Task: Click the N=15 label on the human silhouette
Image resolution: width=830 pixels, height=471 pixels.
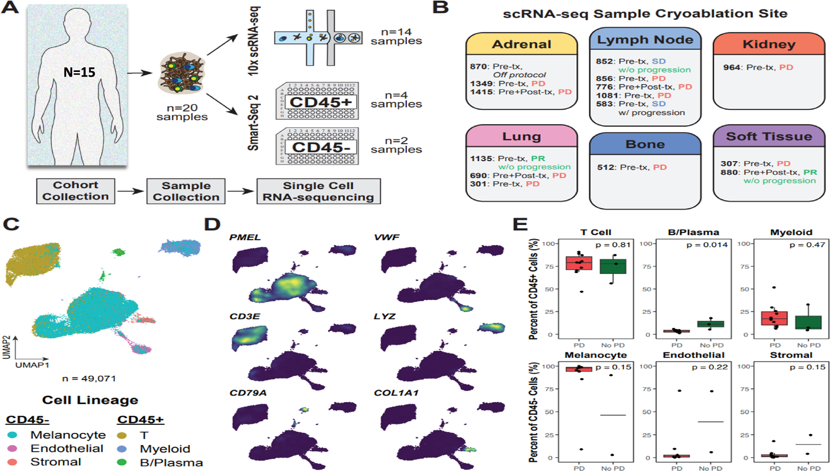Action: (79, 72)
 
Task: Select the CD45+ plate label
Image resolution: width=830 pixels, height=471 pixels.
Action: (320, 102)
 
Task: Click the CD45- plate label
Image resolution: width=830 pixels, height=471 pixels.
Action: (321, 147)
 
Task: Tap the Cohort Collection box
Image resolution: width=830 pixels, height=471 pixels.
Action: (75, 191)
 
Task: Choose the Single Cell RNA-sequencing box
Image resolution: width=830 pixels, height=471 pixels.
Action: (318, 191)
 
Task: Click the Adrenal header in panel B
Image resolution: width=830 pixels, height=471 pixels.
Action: (521, 44)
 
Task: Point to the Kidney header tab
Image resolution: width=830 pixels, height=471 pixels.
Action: (769, 44)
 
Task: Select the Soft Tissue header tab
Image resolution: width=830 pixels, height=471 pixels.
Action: (769, 136)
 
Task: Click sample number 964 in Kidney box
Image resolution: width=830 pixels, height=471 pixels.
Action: (731, 67)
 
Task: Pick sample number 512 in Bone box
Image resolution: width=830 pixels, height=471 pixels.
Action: (606, 167)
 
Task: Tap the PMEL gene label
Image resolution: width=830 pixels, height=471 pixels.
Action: (245, 237)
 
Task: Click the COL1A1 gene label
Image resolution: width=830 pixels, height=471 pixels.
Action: (396, 393)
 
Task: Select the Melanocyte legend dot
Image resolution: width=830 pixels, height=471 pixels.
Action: (13, 435)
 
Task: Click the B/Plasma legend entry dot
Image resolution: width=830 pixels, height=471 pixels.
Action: (122, 462)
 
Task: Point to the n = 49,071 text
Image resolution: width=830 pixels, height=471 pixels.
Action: (89, 378)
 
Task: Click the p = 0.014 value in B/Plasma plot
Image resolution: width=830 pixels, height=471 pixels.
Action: (707, 245)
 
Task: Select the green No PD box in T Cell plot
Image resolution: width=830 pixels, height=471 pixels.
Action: (612, 267)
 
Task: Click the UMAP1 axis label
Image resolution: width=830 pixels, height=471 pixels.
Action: (32, 365)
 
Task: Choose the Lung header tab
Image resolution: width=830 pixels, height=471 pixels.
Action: (521, 136)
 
